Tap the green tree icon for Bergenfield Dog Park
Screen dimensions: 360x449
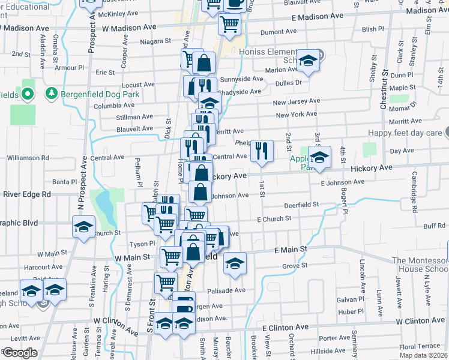point(52,94)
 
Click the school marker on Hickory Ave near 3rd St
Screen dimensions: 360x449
point(319,157)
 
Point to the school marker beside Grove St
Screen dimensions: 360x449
point(235,263)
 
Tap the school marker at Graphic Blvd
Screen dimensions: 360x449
point(83,226)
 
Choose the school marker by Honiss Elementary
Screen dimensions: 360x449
point(308,61)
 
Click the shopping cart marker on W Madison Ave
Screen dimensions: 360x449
point(229,25)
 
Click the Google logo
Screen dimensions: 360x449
point(19,353)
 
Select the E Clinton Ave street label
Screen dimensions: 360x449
point(285,328)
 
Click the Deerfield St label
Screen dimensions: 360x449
point(301,205)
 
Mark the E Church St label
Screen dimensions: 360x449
point(274,219)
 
